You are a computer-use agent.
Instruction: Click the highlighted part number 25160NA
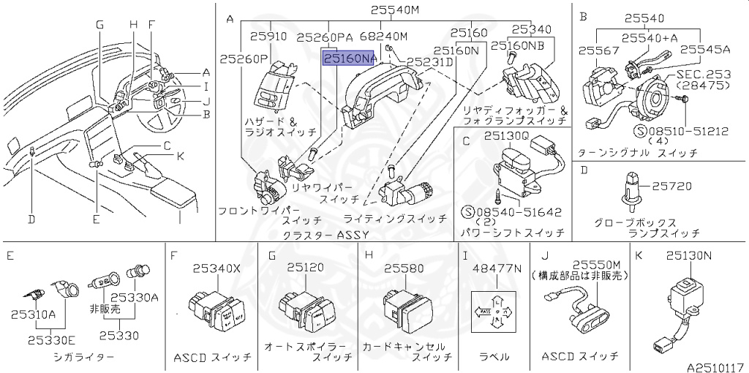click(x=350, y=59)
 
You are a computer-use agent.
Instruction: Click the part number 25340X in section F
click(x=216, y=268)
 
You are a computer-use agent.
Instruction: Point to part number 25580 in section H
click(x=404, y=268)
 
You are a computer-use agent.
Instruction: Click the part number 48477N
click(x=497, y=268)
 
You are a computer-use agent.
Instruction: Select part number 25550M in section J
click(x=596, y=264)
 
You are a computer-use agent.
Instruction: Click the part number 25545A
click(x=706, y=50)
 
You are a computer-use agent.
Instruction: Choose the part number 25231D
click(x=431, y=63)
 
